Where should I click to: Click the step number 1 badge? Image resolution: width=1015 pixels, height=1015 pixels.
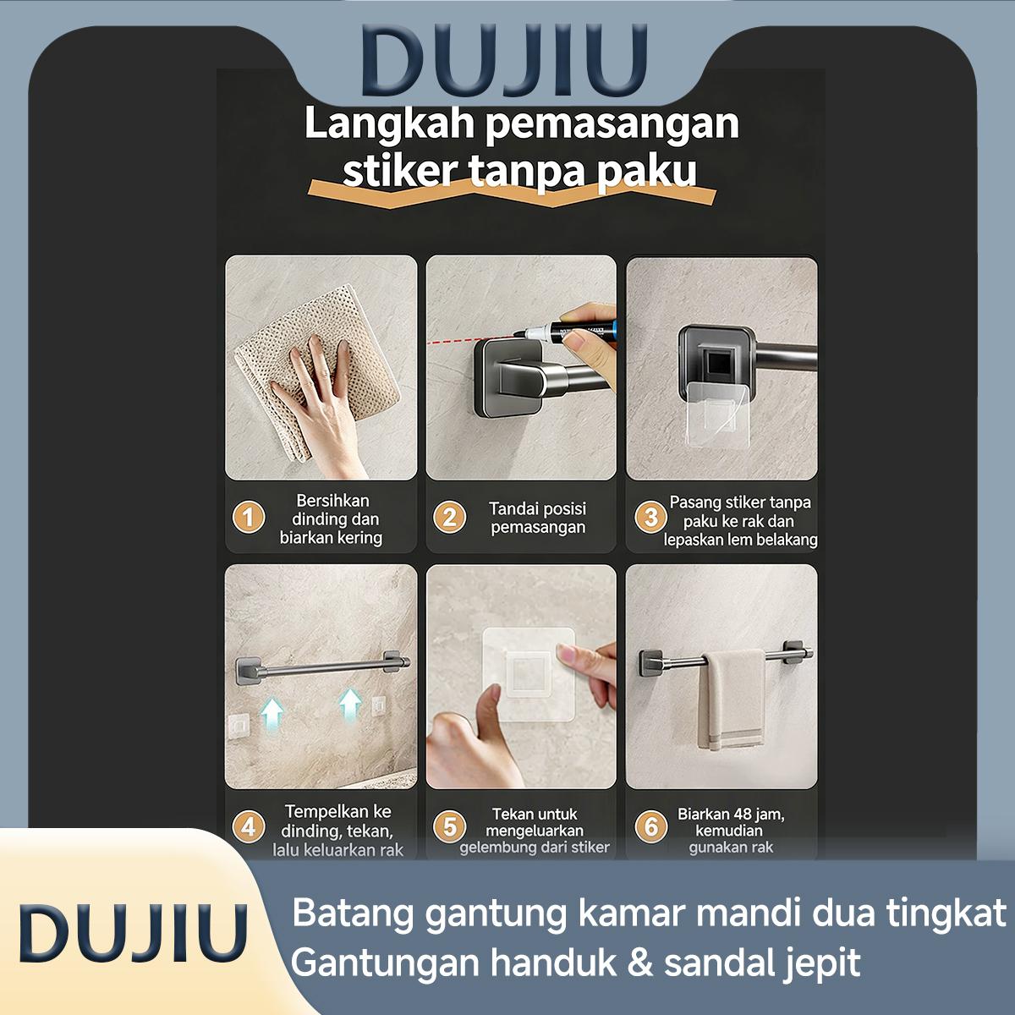click(x=249, y=516)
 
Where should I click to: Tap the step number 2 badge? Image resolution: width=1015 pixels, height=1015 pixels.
click(x=449, y=517)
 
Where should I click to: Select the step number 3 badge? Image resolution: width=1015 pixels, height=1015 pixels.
click(x=650, y=517)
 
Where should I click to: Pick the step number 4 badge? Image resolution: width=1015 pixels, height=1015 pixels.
click(x=249, y=826)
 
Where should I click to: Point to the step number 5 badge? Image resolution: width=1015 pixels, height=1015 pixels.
click(x=449, y=826)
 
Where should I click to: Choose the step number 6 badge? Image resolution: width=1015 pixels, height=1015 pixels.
click(x=650, y=826)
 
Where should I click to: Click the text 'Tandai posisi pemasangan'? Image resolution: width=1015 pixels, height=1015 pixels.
click(x=537, y=518)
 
